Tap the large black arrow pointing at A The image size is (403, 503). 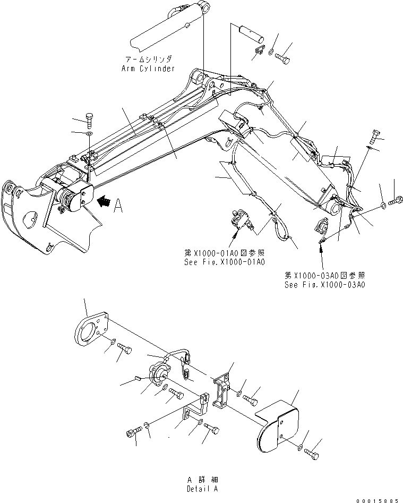[x=106, y=202]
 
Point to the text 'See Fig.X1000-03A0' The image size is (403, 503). [x=325, y=284]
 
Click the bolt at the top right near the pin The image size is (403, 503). [x=284, y=57]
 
